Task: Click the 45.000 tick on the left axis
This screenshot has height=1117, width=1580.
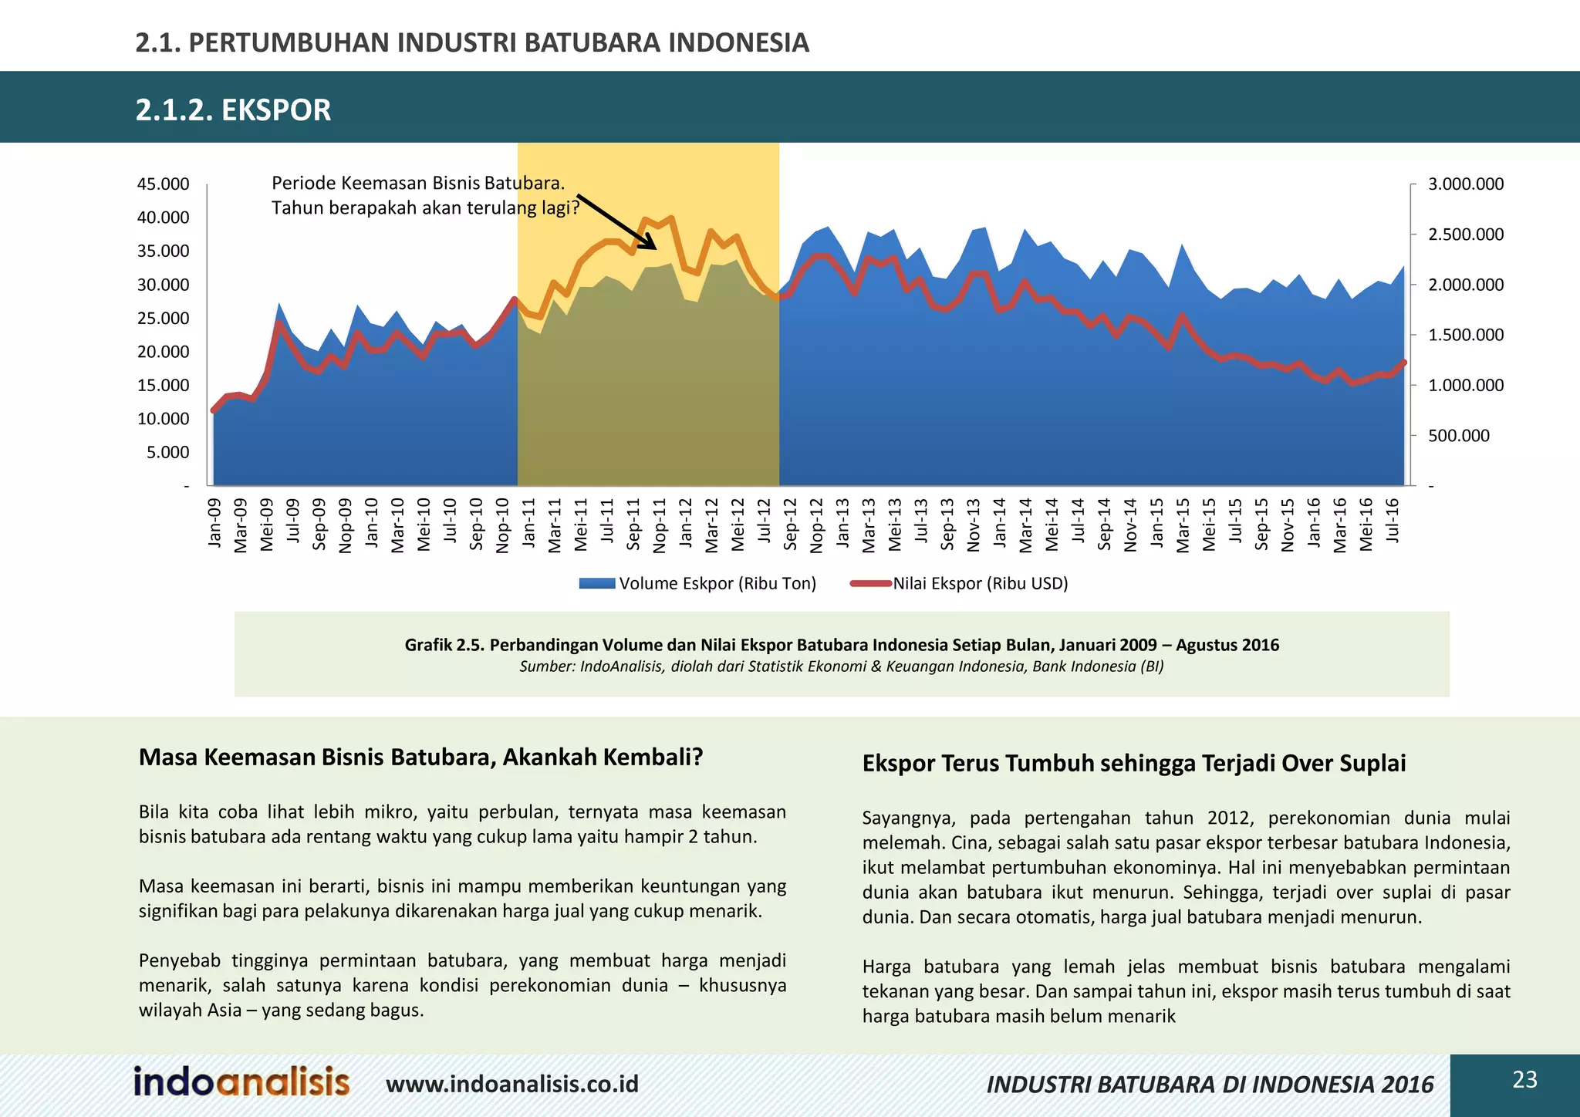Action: pyautogui.click(x=163, y=184)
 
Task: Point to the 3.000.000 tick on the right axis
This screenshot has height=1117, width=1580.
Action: pyautogui.click(x=1465, y=184)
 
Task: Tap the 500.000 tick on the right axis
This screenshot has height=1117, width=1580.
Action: pyautogui.click(x=1458, y=436)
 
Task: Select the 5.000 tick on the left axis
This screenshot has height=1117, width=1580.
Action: pyautogui.click(x=167, y=452)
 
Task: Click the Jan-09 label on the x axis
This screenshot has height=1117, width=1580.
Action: pyautogui.click(x=215, y=523)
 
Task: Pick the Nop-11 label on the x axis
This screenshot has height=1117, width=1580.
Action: pyautogui.click(x=660, y=525)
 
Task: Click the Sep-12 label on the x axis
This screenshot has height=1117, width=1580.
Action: pyautogui.click(x=791, y=525)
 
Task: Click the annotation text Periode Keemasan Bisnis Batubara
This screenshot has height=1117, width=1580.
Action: pyautogui.click(x=417, y=184)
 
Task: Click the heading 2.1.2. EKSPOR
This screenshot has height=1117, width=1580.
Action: pyautogui.click(x=233, y=110)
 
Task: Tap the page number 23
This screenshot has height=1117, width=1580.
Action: pyautogui.click(x=1524, y=1079)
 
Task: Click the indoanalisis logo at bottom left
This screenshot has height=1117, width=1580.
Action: pyautogui.click(x=241, y=1082)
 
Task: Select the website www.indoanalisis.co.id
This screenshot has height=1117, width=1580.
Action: pyautogui.click(x=512, y=1084)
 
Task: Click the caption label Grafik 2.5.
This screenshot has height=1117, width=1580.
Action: pyautogui.click(x=444, y=645)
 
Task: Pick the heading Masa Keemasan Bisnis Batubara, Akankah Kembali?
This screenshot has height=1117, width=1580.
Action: pyautogui.click(x=420, y=758)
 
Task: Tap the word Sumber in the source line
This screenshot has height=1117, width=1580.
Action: pyautogui.click(x=545, y=666)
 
